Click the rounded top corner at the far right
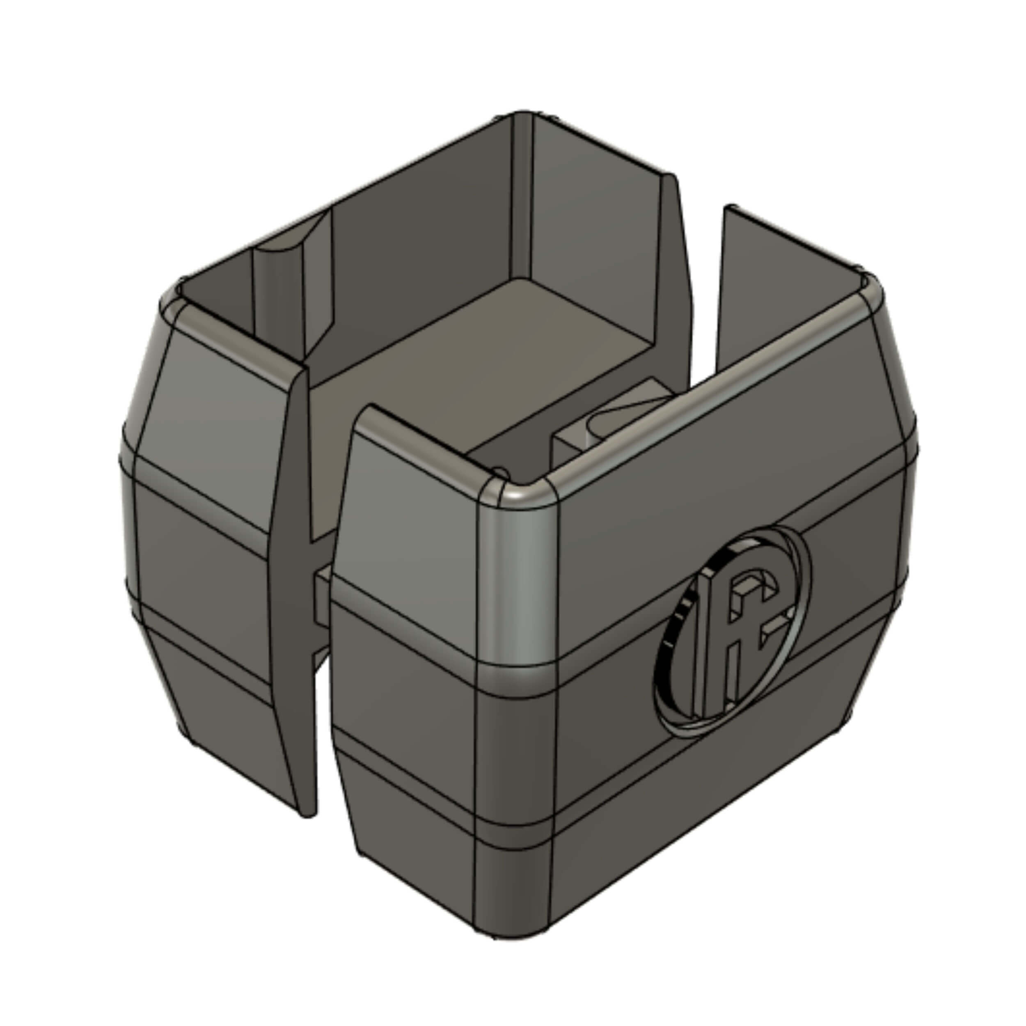(871, 289)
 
